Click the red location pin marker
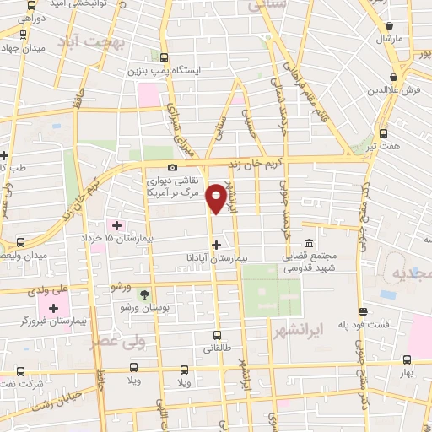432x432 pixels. tap(217, 197)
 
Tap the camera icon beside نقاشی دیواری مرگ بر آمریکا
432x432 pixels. tap(173, 167)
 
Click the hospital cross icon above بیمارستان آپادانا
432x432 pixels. tap(217, 243)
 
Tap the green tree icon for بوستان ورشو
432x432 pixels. tap(144, 294)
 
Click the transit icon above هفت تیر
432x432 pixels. tap(384, 133)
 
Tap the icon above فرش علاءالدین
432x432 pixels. tap(394, 75)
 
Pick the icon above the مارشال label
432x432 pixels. tap(390, 24)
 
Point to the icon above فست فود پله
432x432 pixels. tap(363, 310)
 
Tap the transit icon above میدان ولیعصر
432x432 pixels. tap(20, 242)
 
